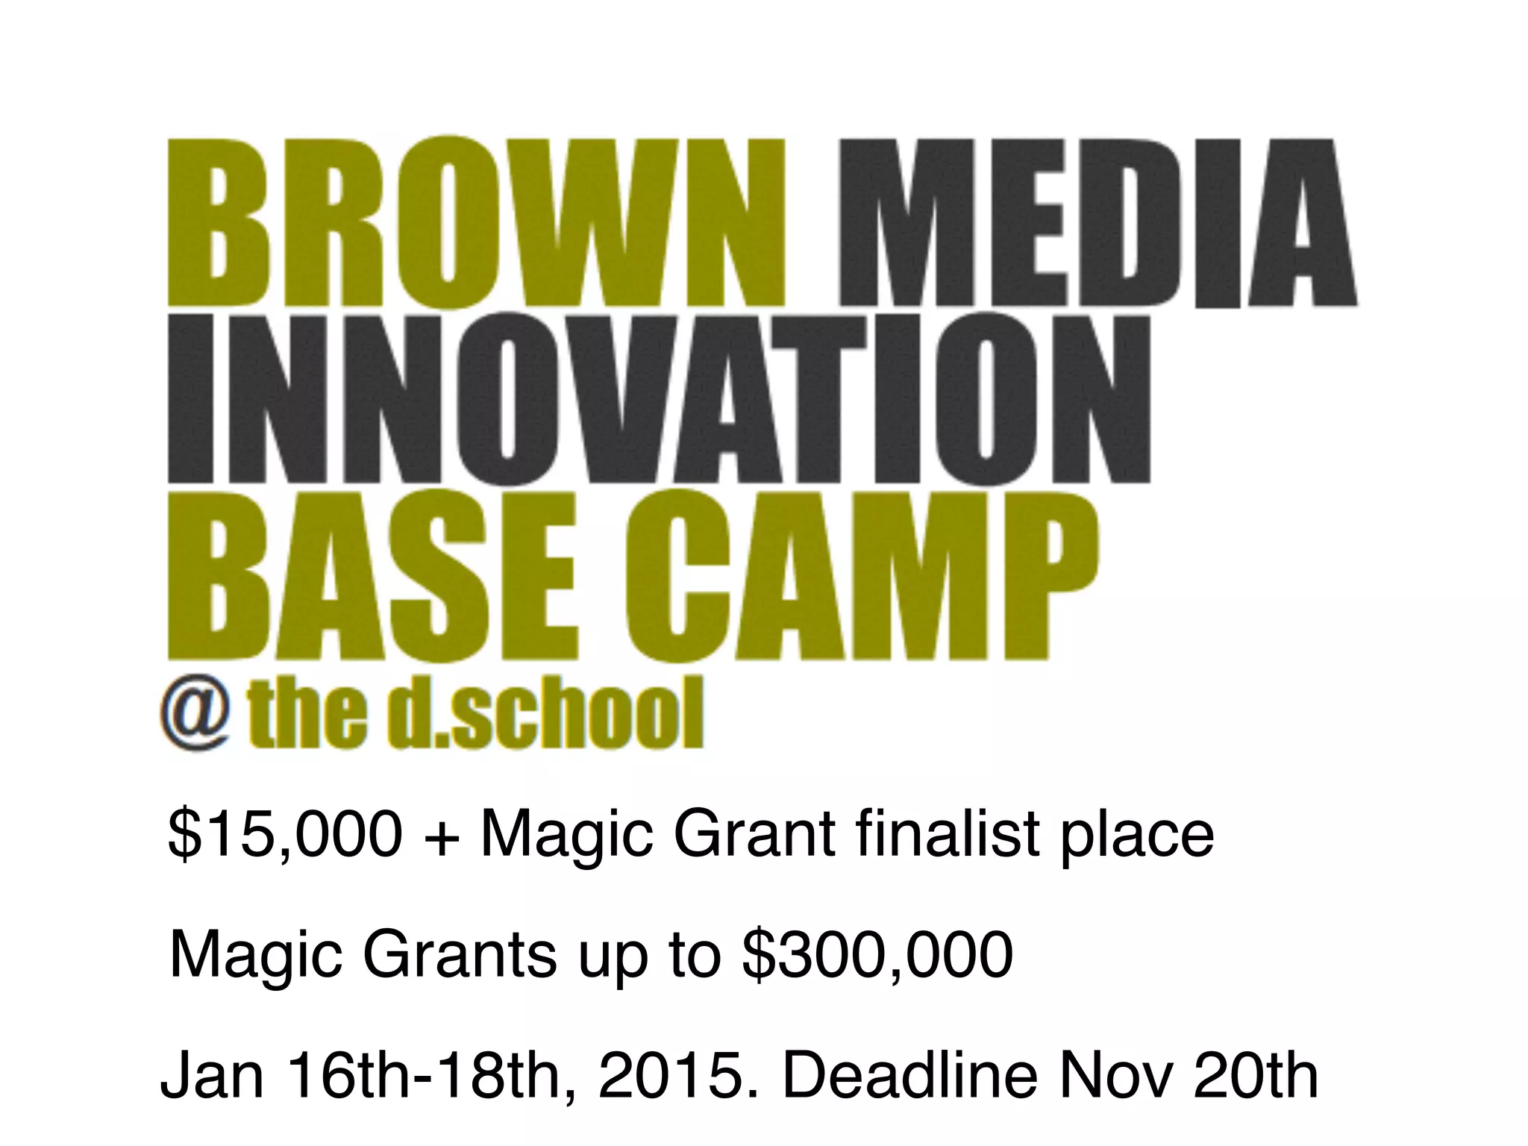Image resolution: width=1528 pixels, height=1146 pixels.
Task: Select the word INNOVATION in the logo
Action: coord(660,398)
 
